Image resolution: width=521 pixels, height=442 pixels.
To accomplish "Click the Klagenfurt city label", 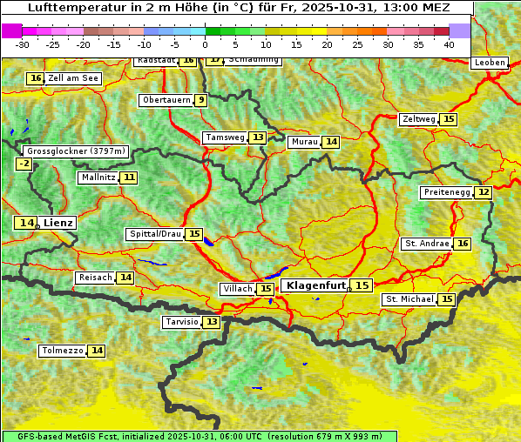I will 316,285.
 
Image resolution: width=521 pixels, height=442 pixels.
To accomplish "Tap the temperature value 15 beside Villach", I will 266,289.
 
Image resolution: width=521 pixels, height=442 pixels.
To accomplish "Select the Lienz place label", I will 59,223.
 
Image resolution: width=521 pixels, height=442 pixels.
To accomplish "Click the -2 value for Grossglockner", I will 24,164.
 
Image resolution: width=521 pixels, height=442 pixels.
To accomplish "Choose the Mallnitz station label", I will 98,177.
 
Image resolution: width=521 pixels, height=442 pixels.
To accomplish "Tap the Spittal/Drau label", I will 155,234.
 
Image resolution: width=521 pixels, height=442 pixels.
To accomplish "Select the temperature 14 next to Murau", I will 330,142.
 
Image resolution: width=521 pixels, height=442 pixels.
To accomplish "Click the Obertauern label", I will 166,100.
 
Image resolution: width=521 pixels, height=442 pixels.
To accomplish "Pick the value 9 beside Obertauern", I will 201,100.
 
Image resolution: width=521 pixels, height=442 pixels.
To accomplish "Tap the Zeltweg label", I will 418,119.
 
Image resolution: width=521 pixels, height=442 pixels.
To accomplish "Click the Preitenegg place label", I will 446,191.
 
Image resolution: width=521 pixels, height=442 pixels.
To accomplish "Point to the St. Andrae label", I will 426,244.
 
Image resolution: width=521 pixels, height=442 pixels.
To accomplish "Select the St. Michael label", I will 409,299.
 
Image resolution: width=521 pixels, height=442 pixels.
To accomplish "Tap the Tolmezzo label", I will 63,351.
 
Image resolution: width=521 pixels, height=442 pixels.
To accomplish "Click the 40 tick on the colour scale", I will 448,44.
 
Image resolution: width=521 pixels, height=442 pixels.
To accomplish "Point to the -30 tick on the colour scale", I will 23,44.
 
